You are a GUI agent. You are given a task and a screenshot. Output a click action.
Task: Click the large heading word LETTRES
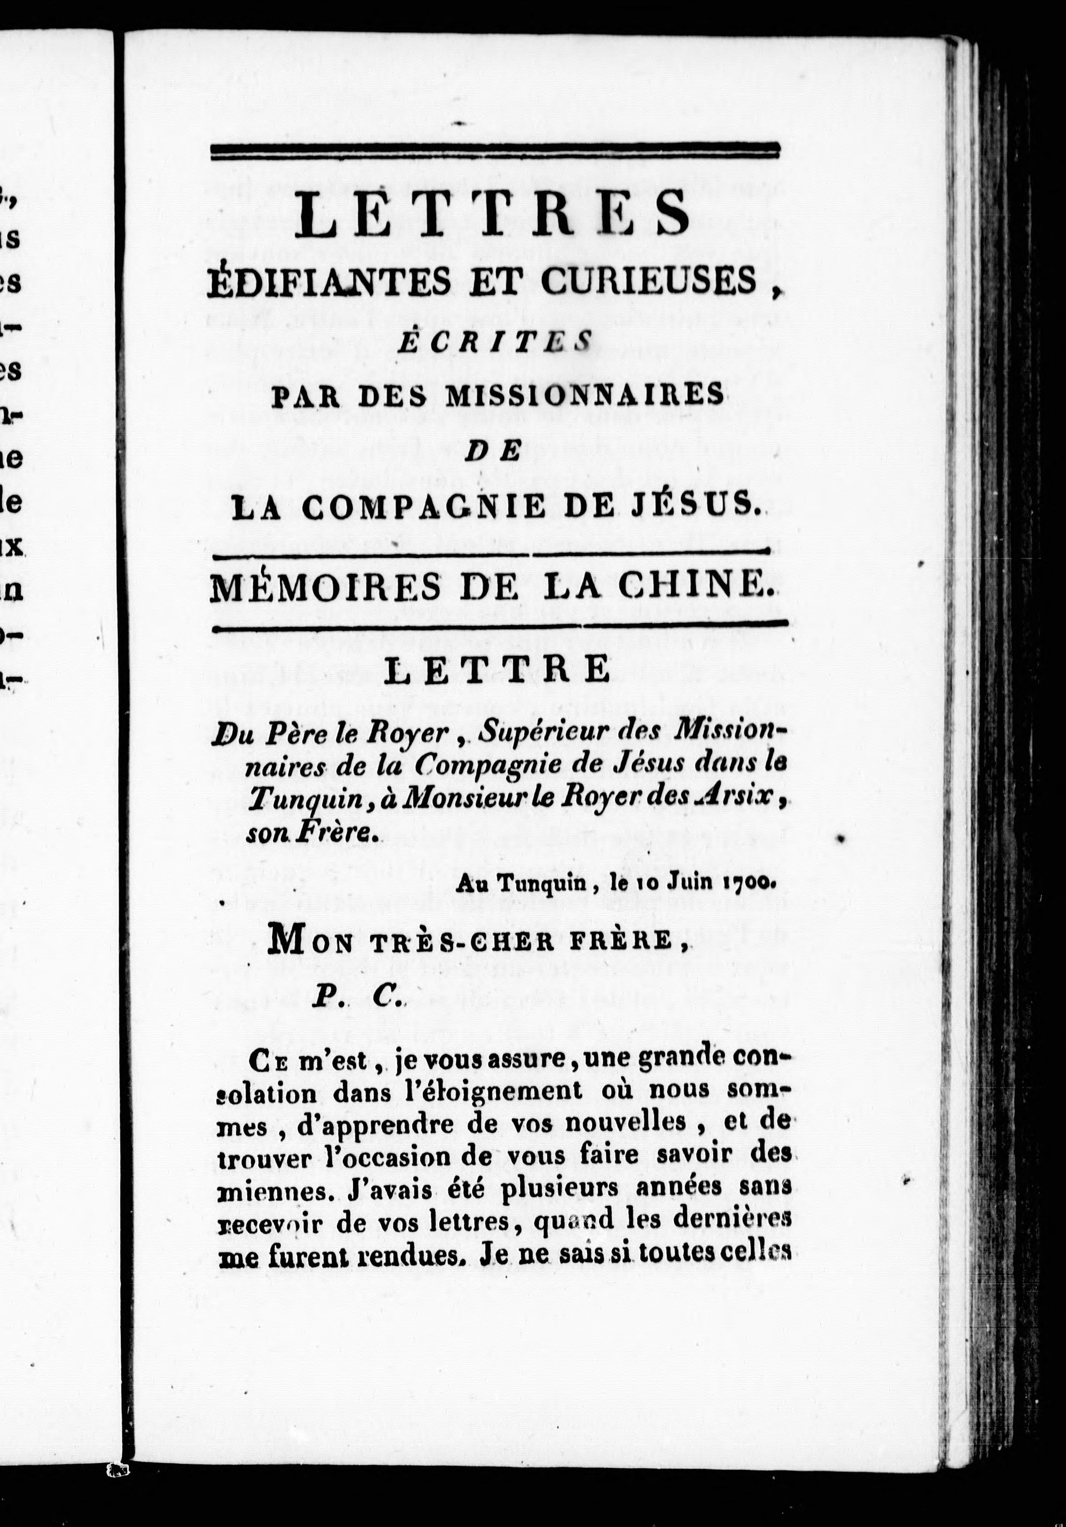(x=493, y=213)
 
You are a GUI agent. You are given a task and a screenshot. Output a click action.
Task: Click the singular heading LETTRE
(x=498, y=670)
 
